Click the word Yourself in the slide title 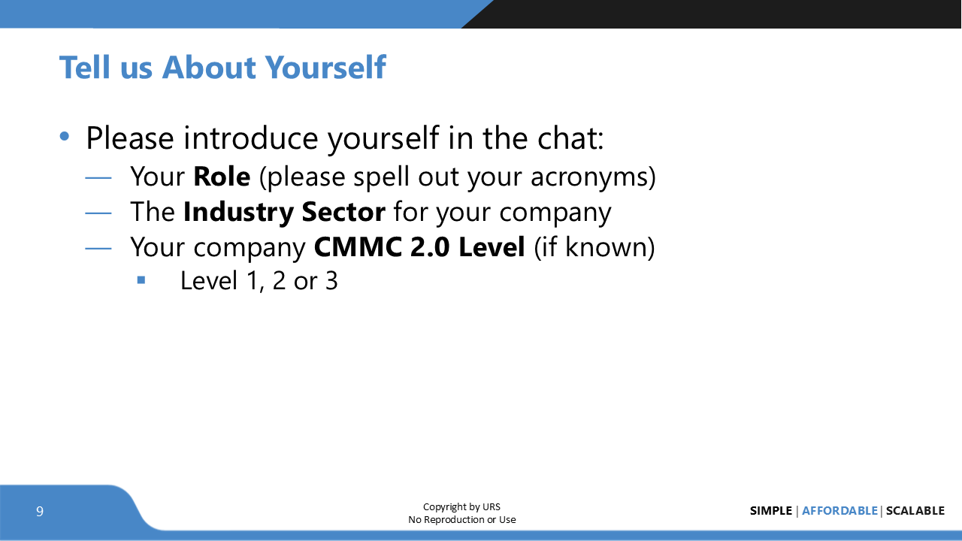[x=325, y=68]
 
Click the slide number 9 [x=40, y=512]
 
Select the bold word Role [x=222, y=177]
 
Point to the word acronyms [x=593, y=177]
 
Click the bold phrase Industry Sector [x=284, y=212]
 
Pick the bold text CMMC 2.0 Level [x=419, y=246]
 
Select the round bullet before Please [x=65, y=137]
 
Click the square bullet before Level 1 [x=141, y=280]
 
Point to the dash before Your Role [x=98, y=178]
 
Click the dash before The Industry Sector [x=98, y=213]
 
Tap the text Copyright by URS [x=461, y=506]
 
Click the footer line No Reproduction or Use [x=461, y=519]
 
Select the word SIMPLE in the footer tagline [x=770, y=511]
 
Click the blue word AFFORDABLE [x=839, y=511]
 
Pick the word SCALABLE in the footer [x=915, y=511]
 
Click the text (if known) [x=594, y=246]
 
